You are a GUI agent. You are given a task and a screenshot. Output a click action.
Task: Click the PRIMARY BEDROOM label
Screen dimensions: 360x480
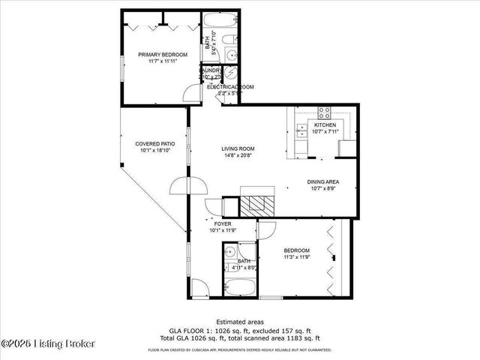tap(157, 55)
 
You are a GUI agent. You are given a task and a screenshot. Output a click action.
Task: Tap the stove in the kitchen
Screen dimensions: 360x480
tap(325, 113)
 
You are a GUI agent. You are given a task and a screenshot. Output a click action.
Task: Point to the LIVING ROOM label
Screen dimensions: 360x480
tap(237, 148)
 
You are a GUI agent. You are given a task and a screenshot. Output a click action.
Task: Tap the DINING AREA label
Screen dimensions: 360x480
tap(323, 181)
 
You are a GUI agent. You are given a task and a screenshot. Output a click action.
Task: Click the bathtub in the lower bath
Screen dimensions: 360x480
tap(239, 287)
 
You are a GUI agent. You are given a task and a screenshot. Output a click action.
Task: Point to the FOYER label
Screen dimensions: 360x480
tap(223, 224)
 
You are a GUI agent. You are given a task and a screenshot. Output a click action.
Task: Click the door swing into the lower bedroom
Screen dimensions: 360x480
tap(266, 230)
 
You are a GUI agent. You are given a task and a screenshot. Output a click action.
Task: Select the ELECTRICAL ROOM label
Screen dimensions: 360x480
tap(230, 87)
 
